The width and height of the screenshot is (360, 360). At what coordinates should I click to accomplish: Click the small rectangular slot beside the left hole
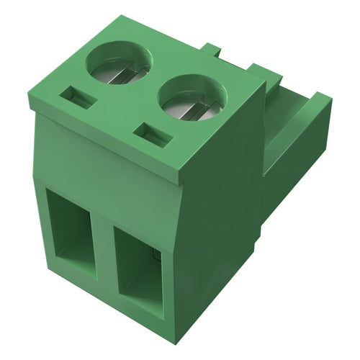point(80,96)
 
